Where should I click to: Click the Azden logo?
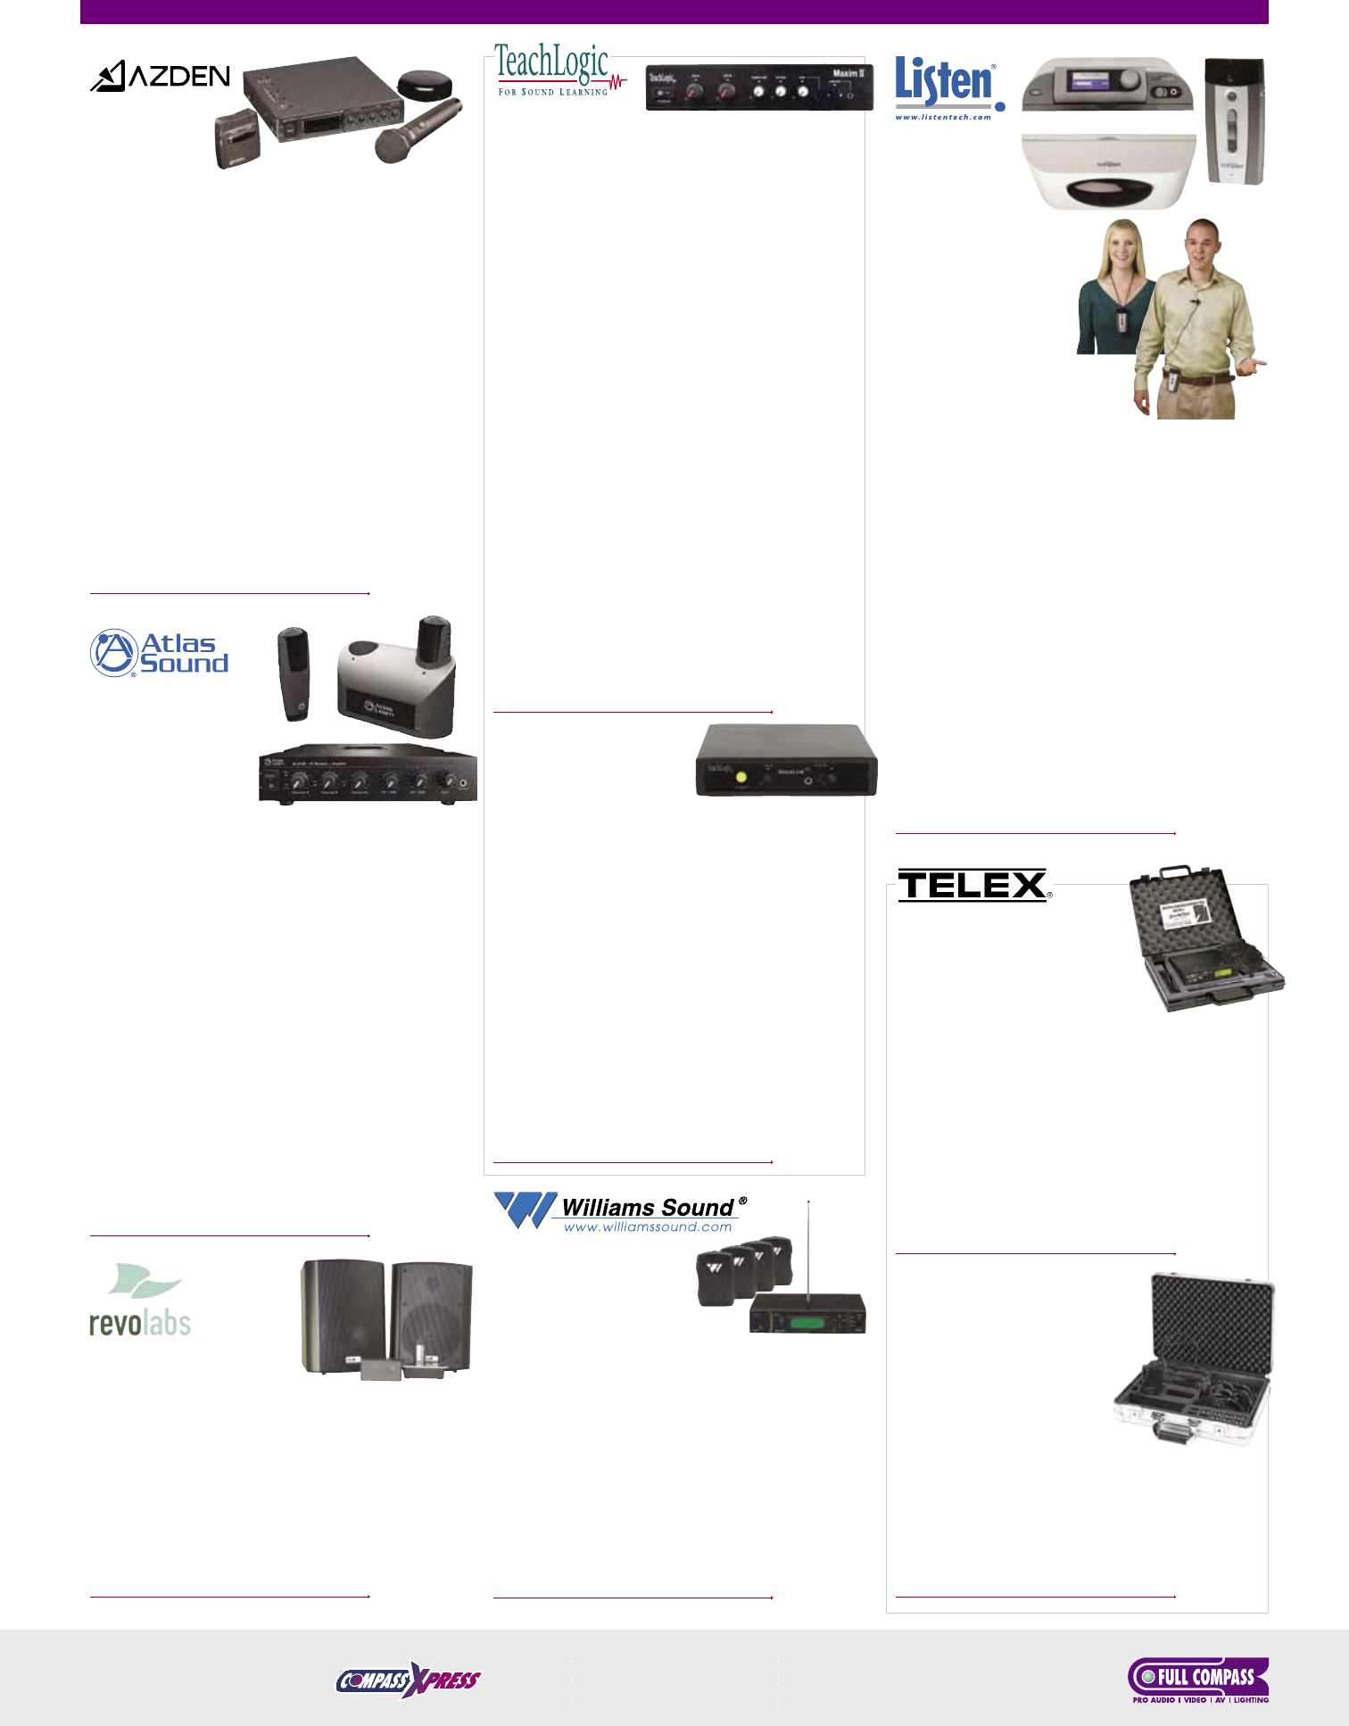[x=161, y=77]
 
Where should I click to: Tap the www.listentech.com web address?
[x=943, y=118]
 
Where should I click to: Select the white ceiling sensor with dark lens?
[x=1107, y=172]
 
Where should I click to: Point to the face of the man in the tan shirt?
[x=1201, y=246]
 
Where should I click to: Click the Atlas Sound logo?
[x=161, y=653]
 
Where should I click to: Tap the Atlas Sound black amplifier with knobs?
[x=368, y=776]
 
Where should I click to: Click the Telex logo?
[x=972, y=885]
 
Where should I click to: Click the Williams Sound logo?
[x=620, y=1211]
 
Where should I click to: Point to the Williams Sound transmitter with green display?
[x=807, y=1314]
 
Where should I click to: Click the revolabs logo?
[x=141, y=1302]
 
